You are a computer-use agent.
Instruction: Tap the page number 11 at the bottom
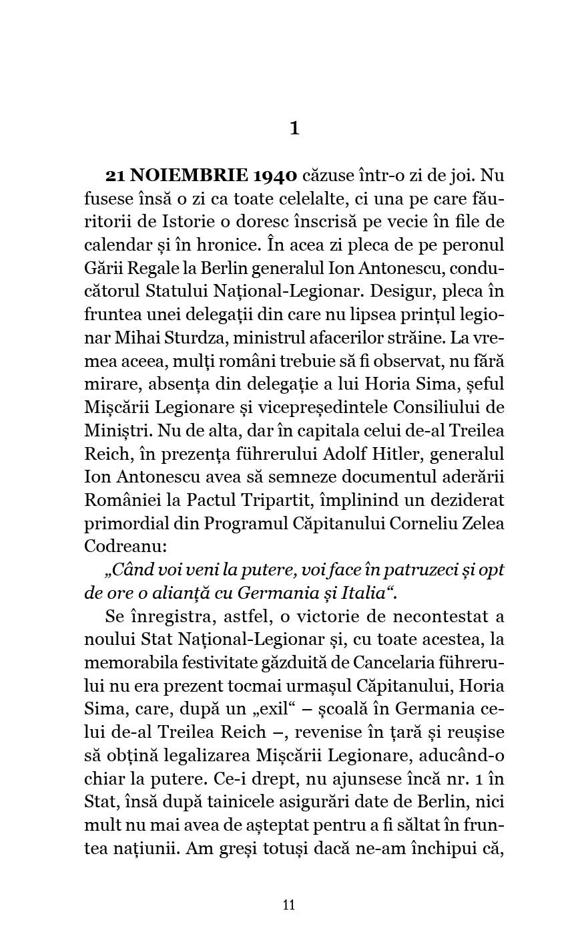(x=289, y=905)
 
